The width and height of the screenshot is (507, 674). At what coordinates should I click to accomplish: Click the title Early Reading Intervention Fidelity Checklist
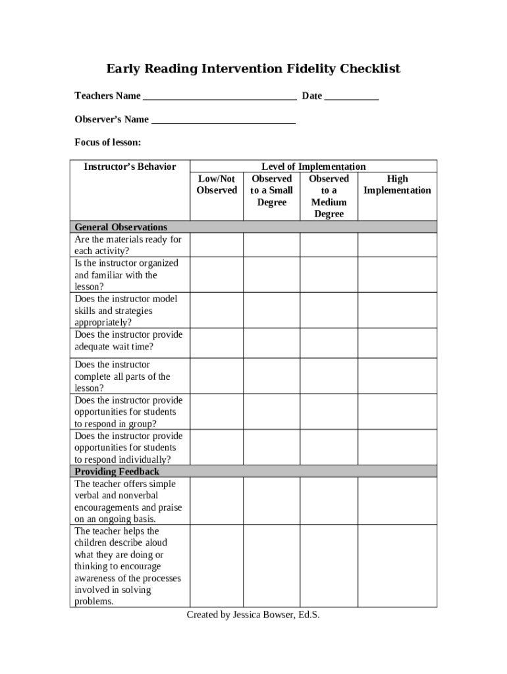click(x=254, y=69)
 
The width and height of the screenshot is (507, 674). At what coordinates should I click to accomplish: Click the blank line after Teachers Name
click(x=219, y=97)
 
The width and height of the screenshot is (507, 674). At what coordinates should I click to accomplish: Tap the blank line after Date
click(x=352, y=97)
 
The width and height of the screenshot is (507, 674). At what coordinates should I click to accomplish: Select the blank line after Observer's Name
click(x=223, y=121)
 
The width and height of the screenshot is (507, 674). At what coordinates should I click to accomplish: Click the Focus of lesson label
click(x=107, y=143)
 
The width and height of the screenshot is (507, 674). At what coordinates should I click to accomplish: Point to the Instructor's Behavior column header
click(x=130, y=167)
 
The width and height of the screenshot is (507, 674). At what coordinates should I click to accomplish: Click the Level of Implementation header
click(x=313, y=167)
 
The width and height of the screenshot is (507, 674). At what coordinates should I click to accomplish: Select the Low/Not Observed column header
click(x=217, y=184)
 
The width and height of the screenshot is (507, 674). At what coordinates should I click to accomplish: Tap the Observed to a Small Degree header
click(x=271, y=190)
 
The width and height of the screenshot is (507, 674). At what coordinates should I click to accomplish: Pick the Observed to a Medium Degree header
click(x=329, y=196)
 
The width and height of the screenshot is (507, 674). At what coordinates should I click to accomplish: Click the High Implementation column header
click(x=397, y=184)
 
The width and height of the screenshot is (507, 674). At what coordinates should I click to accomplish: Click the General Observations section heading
click(x=120, y=227)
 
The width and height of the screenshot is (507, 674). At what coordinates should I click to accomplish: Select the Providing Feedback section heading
click(x=117, y=471)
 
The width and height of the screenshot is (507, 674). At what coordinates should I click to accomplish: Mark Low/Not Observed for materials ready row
click(x=217, y=245)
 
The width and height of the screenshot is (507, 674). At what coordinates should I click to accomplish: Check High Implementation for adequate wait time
click(x=397, y=342)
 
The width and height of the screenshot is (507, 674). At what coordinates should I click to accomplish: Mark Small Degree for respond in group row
click(x=271, y=411)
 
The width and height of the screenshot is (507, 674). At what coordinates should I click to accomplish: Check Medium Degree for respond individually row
click(x=329, y=447)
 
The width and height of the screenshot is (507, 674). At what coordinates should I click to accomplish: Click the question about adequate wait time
click(x=128, y=340)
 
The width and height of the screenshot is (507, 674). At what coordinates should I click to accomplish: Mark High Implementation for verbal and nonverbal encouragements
click(x=397, y=500)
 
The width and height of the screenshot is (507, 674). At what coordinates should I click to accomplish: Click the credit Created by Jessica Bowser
click(x=254, y=615)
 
